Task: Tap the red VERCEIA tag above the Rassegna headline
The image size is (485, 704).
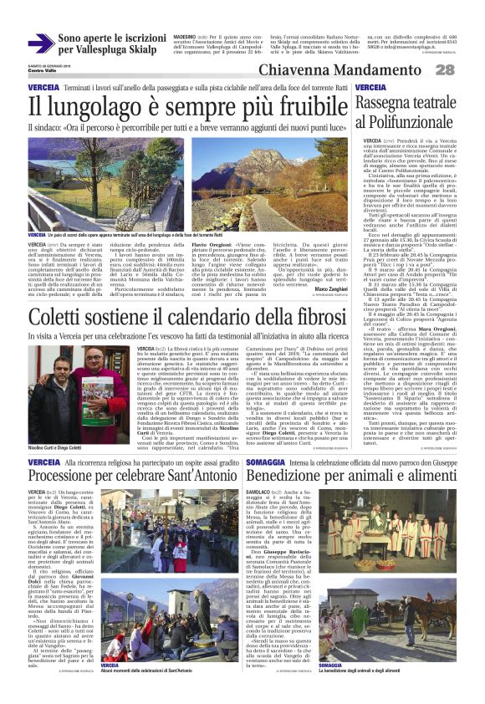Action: (x=370, y=87)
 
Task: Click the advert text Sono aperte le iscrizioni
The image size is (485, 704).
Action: (x=112, y=38)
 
